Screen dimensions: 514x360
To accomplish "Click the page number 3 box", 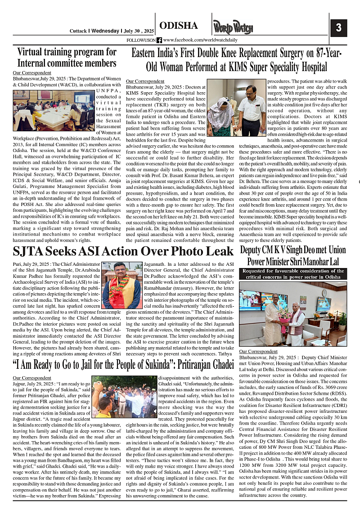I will click(x=338, y=27).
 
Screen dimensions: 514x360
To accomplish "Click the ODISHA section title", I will click(x=179, y=26).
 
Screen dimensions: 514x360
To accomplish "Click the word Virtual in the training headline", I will click(x=35, y=52).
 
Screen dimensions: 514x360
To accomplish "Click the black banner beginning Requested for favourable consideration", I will click(x=293, y=274).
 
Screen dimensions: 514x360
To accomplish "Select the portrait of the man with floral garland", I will click(x=122, y=285).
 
